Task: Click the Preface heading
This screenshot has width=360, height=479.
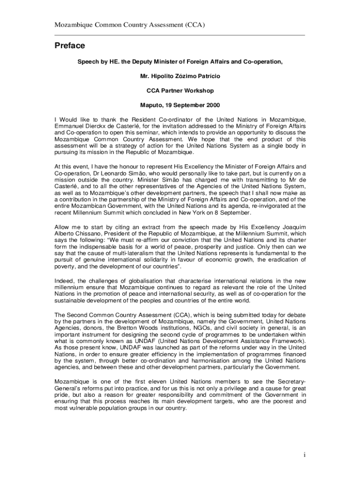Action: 70,46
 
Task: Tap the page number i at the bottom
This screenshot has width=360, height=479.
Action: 303,455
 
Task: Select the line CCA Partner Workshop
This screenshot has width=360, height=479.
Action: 180,91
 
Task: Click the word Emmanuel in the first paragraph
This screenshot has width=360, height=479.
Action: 71,126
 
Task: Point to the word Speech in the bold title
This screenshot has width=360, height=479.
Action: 87,61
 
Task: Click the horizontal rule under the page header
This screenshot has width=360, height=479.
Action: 180,35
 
